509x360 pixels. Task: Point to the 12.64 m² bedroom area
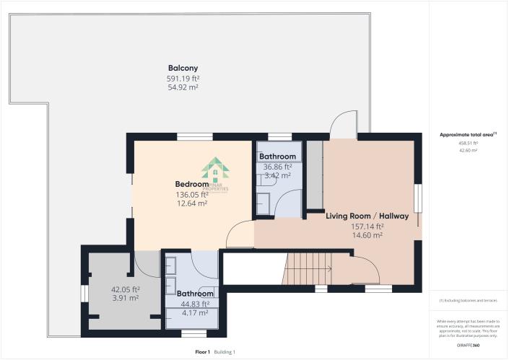193,203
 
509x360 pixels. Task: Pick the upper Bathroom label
277,157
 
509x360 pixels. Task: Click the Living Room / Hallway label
367,216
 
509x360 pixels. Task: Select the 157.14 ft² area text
367,226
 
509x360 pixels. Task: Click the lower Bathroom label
195,294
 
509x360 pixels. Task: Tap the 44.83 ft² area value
195,304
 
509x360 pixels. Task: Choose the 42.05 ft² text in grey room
125,289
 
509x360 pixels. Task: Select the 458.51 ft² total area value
468,143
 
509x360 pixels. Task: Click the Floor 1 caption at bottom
202,352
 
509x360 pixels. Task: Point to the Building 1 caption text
225,352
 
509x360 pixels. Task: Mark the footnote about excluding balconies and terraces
468,300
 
